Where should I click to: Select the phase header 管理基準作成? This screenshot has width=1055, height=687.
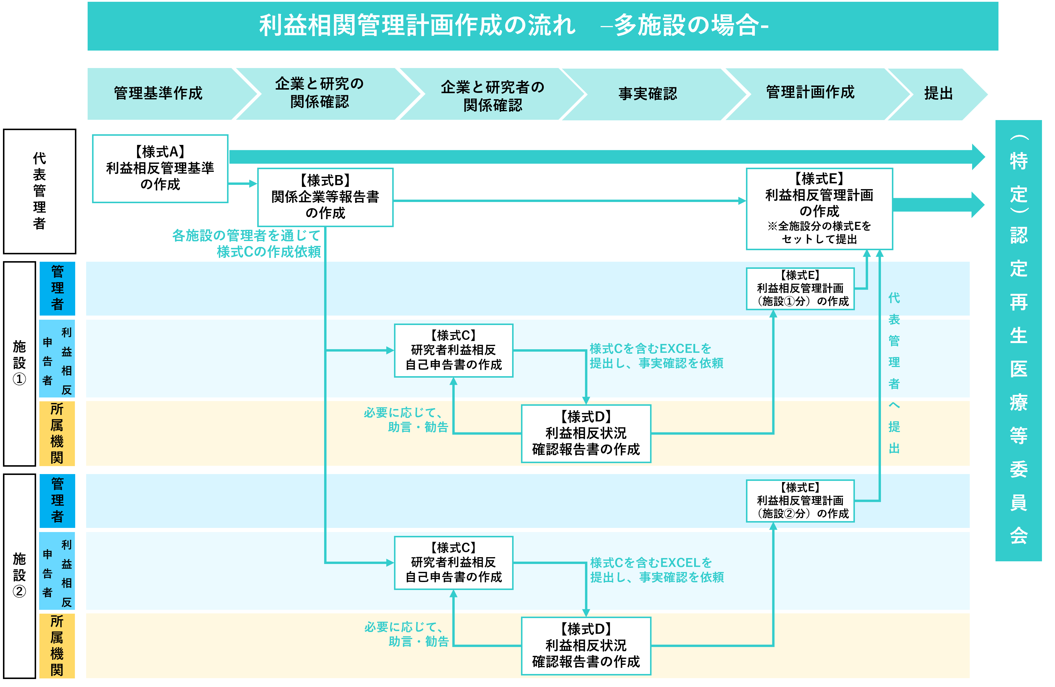(158, 93)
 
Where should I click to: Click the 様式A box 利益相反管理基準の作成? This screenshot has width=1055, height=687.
(160, 168)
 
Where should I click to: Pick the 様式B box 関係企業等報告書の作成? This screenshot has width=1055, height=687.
(325, 197)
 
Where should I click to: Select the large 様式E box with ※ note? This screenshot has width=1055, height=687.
(819, 208)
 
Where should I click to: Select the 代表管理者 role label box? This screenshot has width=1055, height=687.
(39, 191)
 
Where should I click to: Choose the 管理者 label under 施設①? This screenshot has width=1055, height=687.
(57, 288)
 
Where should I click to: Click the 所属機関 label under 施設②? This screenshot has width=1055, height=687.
(57, 645)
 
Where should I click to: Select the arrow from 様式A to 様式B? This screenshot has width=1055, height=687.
(242, 183)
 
